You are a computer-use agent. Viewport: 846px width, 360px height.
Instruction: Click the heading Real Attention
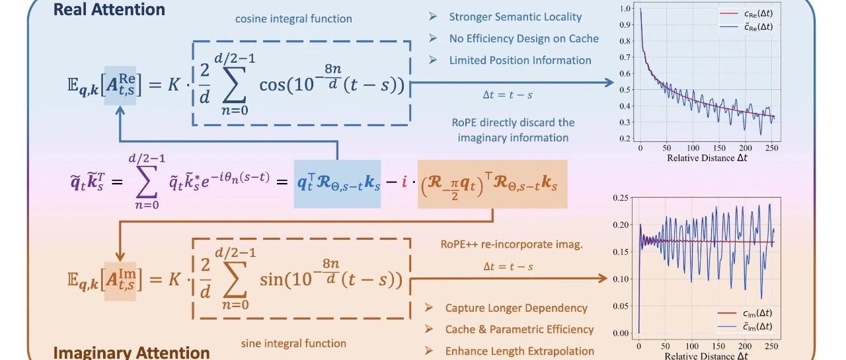tap(109, 9)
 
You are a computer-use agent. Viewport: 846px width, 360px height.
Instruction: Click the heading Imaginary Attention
tap(131, 351)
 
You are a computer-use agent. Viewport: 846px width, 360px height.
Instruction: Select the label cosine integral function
tap(293, 18)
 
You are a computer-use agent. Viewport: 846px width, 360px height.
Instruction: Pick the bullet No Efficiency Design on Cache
tap(523, 38)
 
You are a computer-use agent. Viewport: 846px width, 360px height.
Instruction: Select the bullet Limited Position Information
tap(520, 60)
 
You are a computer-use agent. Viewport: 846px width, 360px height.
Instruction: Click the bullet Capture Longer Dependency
tap(516, 308)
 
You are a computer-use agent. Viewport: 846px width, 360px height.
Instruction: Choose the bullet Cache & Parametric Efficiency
tap(519, 329)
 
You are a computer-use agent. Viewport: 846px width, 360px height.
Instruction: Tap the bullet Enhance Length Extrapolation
tap(519, 351)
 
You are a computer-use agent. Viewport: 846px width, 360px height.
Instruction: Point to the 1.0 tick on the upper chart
tap(623, 9)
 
